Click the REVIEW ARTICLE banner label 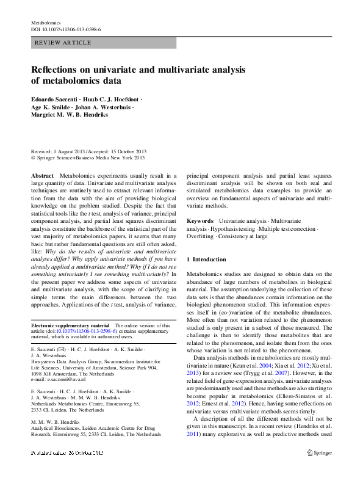(x=63, y=43)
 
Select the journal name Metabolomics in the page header (x=46, y=22)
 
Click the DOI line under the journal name (x=66, y=29)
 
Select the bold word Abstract (x=43, y=175)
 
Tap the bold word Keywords (x=200, y=220)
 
